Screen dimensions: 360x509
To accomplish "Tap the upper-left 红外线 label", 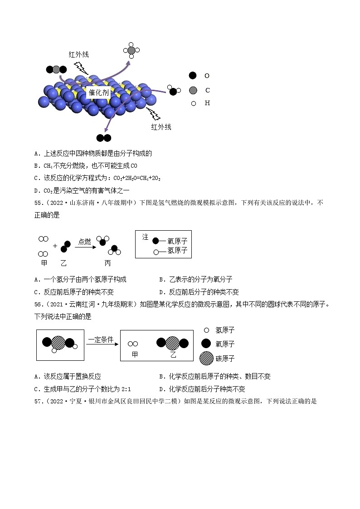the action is pyautogui.click(x=78, y=54).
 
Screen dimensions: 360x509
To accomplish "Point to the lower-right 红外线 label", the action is pyautogui.click(x=161, y=127).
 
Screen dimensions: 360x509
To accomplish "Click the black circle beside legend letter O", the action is pyautogui.click(x=193, y=76).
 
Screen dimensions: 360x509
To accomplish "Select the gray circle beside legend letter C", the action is pyautogui.click(x=193, y=90).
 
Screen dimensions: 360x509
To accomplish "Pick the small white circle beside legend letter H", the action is pyautogui.click(x=194, y=103).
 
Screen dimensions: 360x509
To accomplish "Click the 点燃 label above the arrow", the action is pyautogui.click(x=85, y=242).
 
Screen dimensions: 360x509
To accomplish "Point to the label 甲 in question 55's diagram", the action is pyautogui.click(x=44, y=263).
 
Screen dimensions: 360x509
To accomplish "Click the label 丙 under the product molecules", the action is pyautogui.click(x=107, y=263).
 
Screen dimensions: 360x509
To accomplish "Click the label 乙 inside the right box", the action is pyautogui.click(x=173, y=354).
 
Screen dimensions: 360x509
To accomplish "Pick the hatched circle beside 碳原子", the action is pyautogui.click(x=206, y=358).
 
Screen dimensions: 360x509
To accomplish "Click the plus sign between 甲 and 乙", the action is pyautogui.click(x=55, y=246).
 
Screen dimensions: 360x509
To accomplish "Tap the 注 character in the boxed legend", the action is pyautogui.click(x=145, y=237).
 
